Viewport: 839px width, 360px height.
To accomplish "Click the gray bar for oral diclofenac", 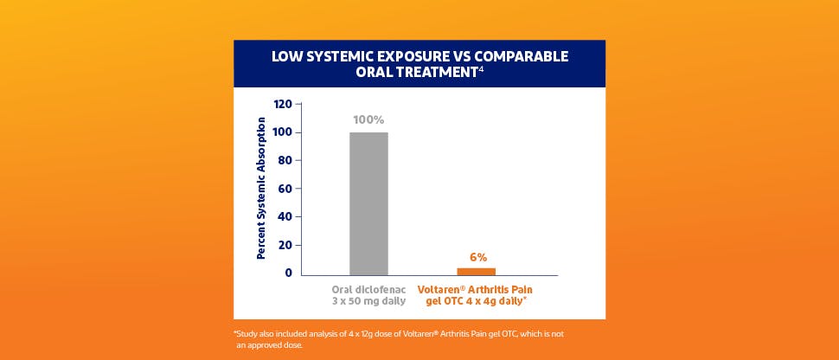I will (368, 203).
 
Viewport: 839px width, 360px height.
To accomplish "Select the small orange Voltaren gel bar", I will (476, 272).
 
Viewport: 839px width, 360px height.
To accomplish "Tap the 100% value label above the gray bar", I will (368, 119).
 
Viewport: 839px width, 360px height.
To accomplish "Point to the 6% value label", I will (478, 257).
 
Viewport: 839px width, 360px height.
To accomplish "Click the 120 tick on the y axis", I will (282, 104).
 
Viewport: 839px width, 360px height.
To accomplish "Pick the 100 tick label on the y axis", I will (282, 132).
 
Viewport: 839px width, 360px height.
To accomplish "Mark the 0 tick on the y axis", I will (287, 273).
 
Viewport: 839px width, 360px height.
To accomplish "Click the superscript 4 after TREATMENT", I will (480, 68).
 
